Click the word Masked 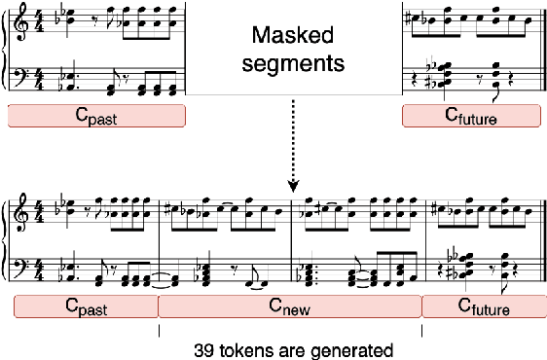(x=292, y=38)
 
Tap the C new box (x=289, y=306)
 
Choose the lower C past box (x=87, y=306)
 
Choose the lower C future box (x=479, y=306)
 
